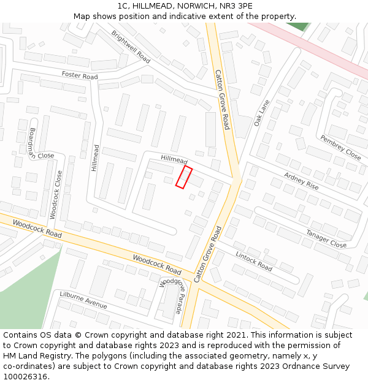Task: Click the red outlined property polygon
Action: (184, 177)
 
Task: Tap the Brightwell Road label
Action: (131, 47)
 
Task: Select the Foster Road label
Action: (80, 76)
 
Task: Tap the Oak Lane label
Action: (262, 113)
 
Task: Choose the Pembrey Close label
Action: (340, 148)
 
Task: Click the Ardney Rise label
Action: (301, 181)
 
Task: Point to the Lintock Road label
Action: (254, 262)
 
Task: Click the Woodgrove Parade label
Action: (171, 295)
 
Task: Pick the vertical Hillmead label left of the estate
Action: (95, 157)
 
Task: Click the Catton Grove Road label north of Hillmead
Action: (222, 99)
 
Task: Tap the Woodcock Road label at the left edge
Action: (37, 230)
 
